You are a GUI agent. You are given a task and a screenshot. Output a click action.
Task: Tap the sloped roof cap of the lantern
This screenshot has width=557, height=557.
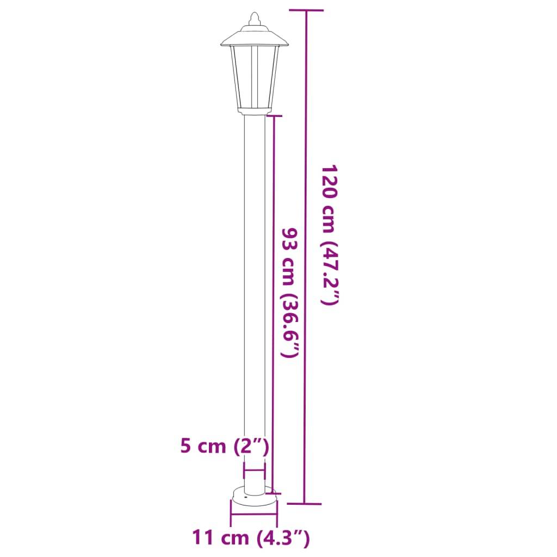pyautogui.click(x=255, y=37)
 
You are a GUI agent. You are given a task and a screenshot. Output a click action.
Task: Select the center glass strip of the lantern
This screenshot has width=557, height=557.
pyautogui.click(x=254, y=76)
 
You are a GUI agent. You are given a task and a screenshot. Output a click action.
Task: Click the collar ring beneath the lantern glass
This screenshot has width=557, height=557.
pyautogui.click(x=254, y=111)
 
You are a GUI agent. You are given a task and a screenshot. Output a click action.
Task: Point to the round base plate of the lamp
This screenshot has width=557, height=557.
pyautogui.click(x=254, y=496)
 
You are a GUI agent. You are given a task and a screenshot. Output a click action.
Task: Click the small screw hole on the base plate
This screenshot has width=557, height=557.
pyautogui.click(x=245, y=497)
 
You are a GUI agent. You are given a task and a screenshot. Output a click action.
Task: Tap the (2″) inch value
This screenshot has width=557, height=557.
pyautogui.click(x=251, y=447)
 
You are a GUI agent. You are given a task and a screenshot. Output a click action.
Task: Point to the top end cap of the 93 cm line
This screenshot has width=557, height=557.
pyautogui.click(x=273, y=116)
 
